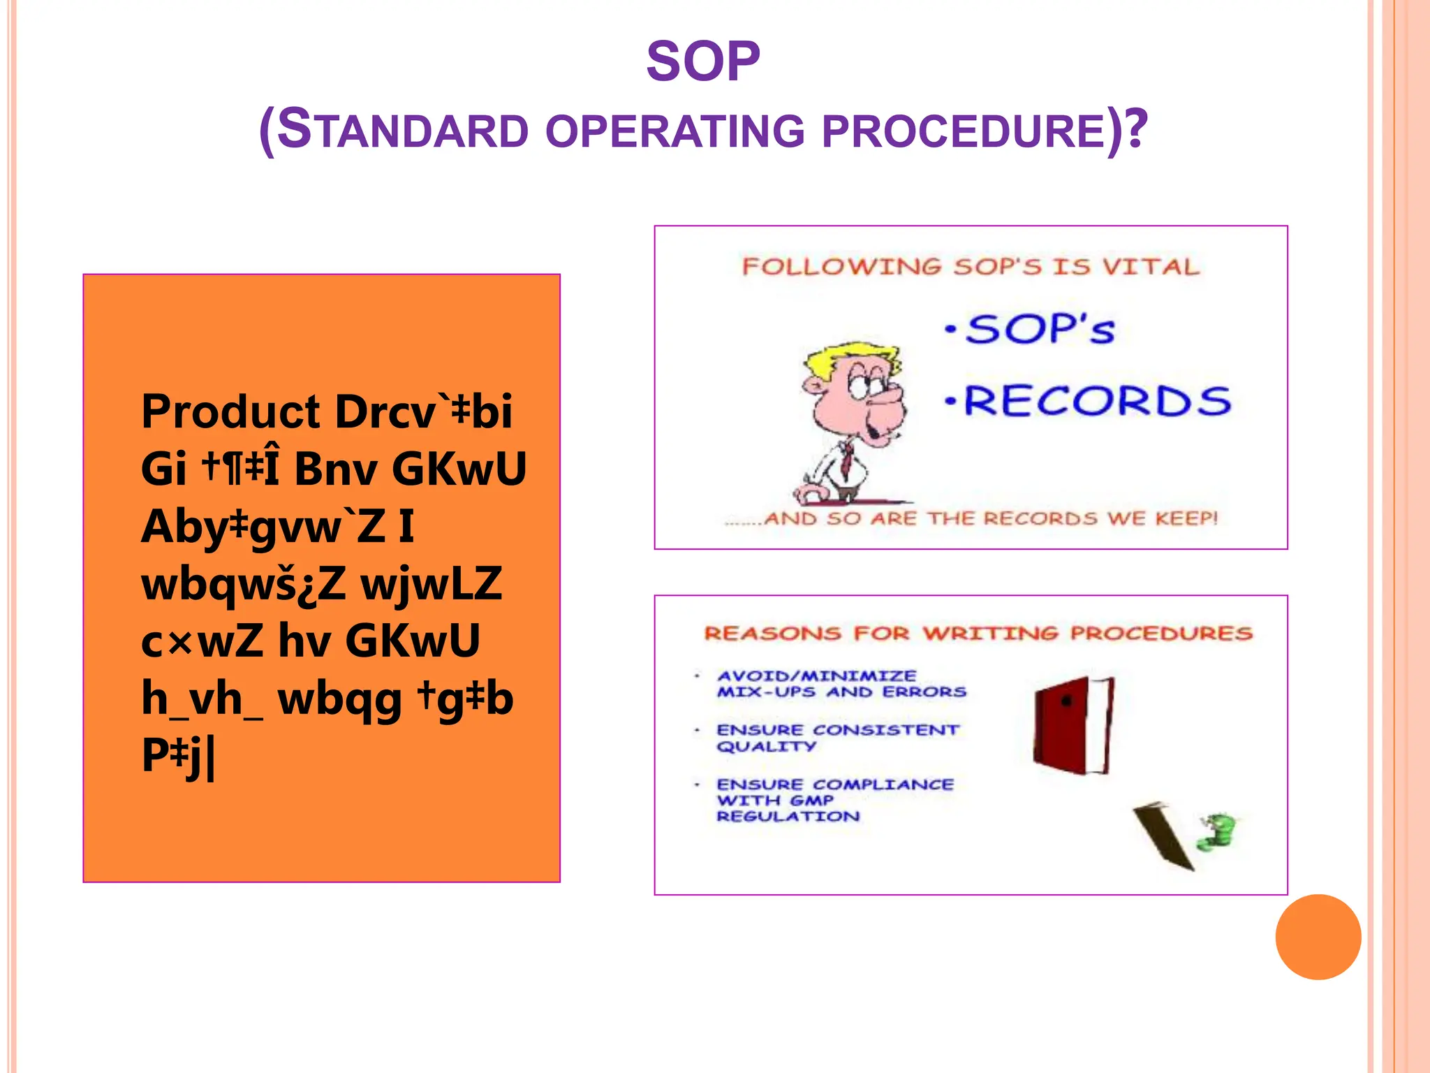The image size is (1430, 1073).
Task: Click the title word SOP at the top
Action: (x=702, y=61)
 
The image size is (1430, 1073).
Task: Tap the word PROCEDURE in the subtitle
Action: (x=964, y=131)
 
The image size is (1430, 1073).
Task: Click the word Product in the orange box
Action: (x=230, y=411)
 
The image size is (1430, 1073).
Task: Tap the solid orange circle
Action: (x=1318, y=937)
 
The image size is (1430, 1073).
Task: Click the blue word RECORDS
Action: (x=1097, y=402)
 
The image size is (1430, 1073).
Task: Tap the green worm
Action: (x=1216, y=831)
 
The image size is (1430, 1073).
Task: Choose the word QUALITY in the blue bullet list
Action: (x=766, y=747)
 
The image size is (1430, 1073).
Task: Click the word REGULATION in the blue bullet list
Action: (x=788, y=817)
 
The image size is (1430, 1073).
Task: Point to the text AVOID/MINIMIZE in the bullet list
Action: (x=816, y=676)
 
